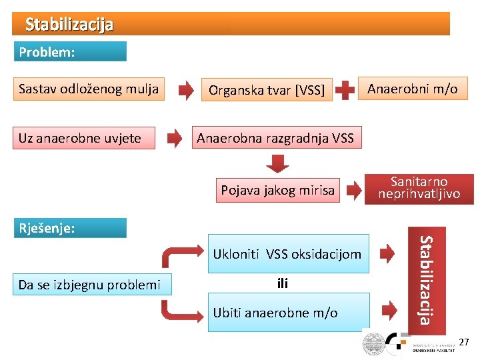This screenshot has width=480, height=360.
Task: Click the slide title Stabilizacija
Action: [69, 25]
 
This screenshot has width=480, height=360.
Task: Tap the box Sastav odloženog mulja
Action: [89, 89]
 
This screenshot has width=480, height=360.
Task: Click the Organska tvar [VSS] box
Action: [267, 90]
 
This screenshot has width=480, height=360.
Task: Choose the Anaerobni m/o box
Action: [413, 89]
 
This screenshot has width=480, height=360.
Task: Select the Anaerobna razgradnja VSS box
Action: [275, 138]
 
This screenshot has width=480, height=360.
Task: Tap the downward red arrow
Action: [278, 164]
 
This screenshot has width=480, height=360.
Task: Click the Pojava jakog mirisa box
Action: [277, 190]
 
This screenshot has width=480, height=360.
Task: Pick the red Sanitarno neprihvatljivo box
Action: [419, 188]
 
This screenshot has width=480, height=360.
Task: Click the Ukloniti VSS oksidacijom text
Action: [287, 253]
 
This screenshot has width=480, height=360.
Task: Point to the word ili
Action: [282, 283]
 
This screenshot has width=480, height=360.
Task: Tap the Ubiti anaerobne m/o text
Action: [275, 312]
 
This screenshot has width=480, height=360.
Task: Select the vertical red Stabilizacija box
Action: [427, 280]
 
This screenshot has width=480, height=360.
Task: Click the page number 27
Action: [464, 342]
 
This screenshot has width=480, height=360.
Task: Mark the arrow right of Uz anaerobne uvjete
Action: [174, 139]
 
